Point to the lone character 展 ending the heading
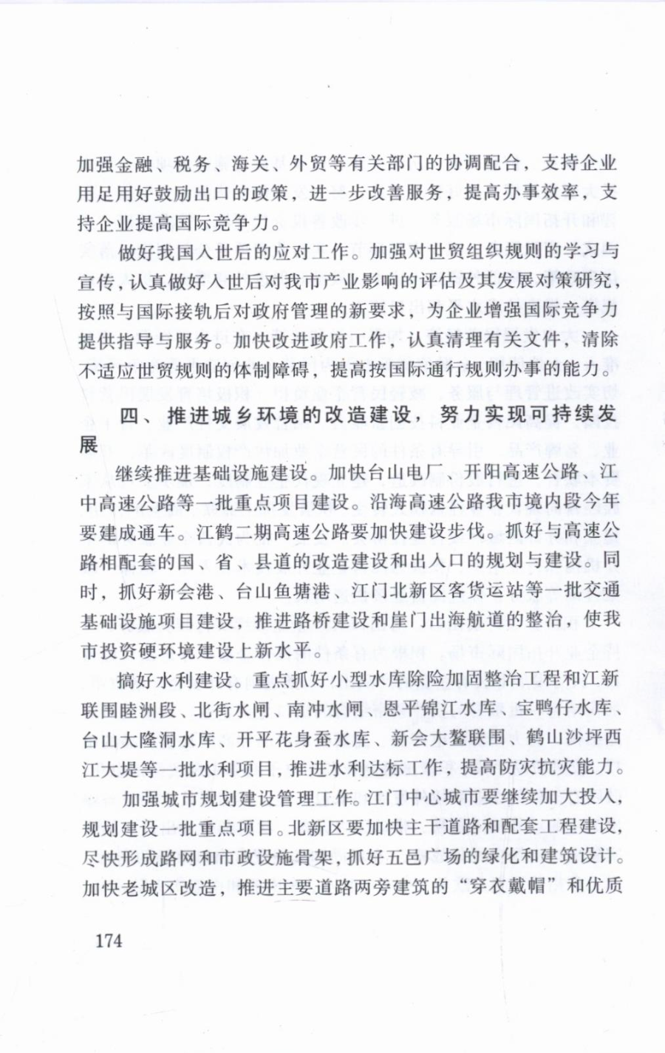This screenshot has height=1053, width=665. (89, 445)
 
